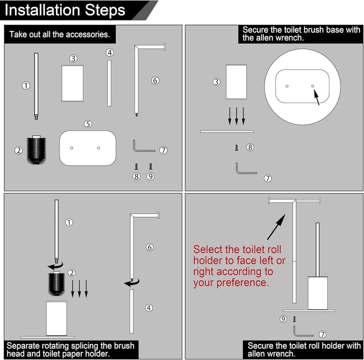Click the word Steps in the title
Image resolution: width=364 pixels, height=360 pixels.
[x=105, y=10]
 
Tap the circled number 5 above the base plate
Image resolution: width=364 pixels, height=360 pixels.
[x=88, y=124]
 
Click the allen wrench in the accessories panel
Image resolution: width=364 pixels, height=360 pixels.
[x=143, y=147]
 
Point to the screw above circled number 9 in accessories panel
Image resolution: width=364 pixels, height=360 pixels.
[x=151, y=166]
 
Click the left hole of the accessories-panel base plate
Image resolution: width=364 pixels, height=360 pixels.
[x=71, y=148]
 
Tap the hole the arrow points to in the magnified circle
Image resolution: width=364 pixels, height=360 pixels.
[x=313, y=86]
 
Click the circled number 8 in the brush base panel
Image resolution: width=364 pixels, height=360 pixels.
[x=250, y=147]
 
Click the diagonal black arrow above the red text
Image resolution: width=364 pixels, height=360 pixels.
[x=276, y=227]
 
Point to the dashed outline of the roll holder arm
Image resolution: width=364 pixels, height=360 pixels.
[x=308, y=200]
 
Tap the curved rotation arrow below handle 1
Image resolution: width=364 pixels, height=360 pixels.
[x=56, y=265]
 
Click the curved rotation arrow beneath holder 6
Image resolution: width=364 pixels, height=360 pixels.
[x=132, y=283]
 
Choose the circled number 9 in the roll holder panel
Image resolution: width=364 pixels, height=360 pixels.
[x=283, y=319]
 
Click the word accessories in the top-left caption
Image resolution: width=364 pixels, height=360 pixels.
[x=88, y=35]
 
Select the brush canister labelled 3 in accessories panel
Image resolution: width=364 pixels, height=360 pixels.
[x=72, y=84]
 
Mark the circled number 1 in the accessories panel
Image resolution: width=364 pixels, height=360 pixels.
[x=26, y=85]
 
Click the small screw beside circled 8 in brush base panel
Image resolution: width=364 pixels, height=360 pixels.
[x=237, y=148]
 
